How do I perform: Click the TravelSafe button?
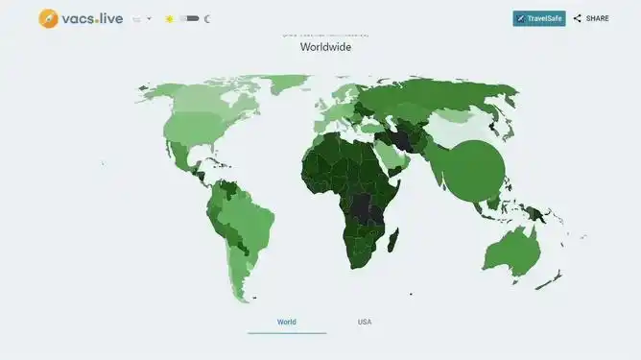(x=538, y=18)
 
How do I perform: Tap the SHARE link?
(x=591, y=18)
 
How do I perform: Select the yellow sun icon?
(x=169, y=18)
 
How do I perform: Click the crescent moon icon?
(x=207, y=18)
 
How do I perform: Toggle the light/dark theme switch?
(x=189, y=18)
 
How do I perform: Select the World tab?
(x=287, y=322)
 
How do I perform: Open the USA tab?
(x=365, y=322)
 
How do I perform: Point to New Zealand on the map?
(x=551, y=279)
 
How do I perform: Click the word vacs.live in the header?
(x=93, y=18)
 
